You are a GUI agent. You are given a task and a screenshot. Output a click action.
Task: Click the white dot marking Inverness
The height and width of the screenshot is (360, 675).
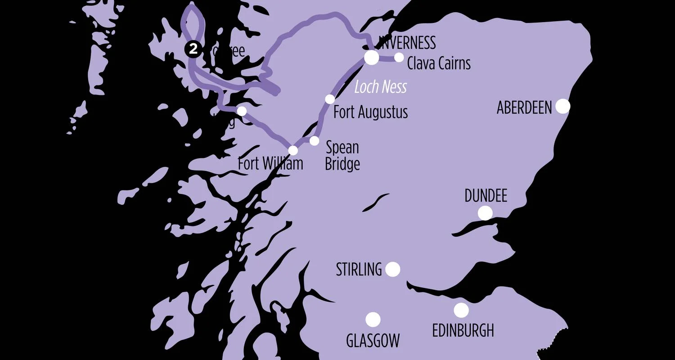coord(372,57)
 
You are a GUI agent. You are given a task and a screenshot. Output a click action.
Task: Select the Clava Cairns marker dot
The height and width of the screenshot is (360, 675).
coord(399,57)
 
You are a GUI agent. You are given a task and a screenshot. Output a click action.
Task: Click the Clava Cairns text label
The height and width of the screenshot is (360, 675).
coord(439,63)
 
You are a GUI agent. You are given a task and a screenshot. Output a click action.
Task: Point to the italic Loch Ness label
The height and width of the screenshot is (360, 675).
coord(380,87)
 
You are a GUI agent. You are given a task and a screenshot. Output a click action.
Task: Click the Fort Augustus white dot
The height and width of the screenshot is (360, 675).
coord(330,99)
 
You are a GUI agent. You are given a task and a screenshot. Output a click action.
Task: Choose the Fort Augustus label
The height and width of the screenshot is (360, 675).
coord(370,112)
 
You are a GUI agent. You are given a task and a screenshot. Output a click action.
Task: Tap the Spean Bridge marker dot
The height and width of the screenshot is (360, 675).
coord(314,140)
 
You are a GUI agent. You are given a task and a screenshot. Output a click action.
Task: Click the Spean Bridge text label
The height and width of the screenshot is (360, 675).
coord(342,156)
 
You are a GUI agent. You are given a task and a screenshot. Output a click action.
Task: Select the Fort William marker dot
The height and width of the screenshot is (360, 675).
coord(293,150)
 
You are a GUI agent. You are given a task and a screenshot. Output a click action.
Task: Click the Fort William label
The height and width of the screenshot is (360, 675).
coord(270,164)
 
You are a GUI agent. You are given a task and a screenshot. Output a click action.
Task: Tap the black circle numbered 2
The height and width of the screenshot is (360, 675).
coord(193,49)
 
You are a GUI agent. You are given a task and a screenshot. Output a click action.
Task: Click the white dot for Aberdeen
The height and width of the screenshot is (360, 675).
coord(562,106)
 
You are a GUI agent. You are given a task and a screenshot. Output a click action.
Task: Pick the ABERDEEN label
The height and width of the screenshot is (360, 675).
coord(524,108)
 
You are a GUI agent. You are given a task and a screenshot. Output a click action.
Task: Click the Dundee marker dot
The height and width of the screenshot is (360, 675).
coord(485,213)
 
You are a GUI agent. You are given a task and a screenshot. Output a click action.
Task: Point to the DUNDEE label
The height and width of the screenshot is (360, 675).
coord(486,196)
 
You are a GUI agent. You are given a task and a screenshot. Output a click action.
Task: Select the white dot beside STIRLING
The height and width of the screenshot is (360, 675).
coord(392,269)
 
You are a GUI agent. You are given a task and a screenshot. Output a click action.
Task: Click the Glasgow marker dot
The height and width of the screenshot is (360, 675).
coord(373,319)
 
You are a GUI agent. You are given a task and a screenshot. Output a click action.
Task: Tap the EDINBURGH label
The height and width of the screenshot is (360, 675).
coord(463,331)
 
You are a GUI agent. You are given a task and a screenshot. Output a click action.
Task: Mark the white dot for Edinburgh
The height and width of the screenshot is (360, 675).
coord(461,310)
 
